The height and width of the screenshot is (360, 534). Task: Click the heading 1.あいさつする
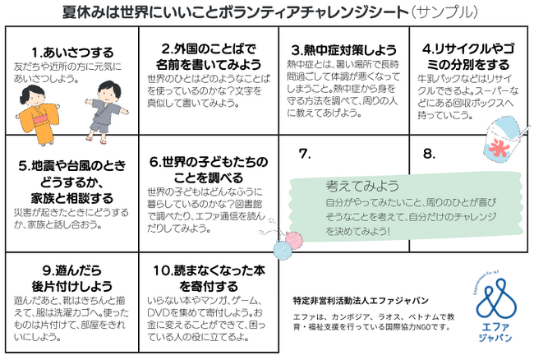(72, 53)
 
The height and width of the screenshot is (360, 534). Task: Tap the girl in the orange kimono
(38, 115)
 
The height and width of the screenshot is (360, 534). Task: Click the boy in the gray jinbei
(106, 111)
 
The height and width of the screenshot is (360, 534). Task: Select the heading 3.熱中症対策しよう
(344, 50)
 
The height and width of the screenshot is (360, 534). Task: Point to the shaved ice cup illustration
(504, 140)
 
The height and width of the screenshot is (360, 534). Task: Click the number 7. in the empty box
(305, 154)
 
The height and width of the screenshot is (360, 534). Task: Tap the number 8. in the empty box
(429, 154)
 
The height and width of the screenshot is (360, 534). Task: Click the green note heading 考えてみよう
(362, 186)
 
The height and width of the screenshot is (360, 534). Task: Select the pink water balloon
(293, 240)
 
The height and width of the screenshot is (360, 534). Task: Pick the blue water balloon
(283, 251)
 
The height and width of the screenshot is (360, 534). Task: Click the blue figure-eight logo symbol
(496, 298)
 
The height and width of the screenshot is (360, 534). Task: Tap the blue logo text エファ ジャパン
(495, 332)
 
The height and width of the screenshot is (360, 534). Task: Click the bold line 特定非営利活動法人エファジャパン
(361, 301)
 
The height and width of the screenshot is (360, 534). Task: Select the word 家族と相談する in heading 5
(72, 198)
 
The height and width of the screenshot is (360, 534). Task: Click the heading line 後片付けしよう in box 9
(72, 286)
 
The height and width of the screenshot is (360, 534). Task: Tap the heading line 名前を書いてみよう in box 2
(209, 64)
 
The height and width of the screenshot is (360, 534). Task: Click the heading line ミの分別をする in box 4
(468, 64)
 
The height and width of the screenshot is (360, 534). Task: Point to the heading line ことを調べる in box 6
(209, 178)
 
